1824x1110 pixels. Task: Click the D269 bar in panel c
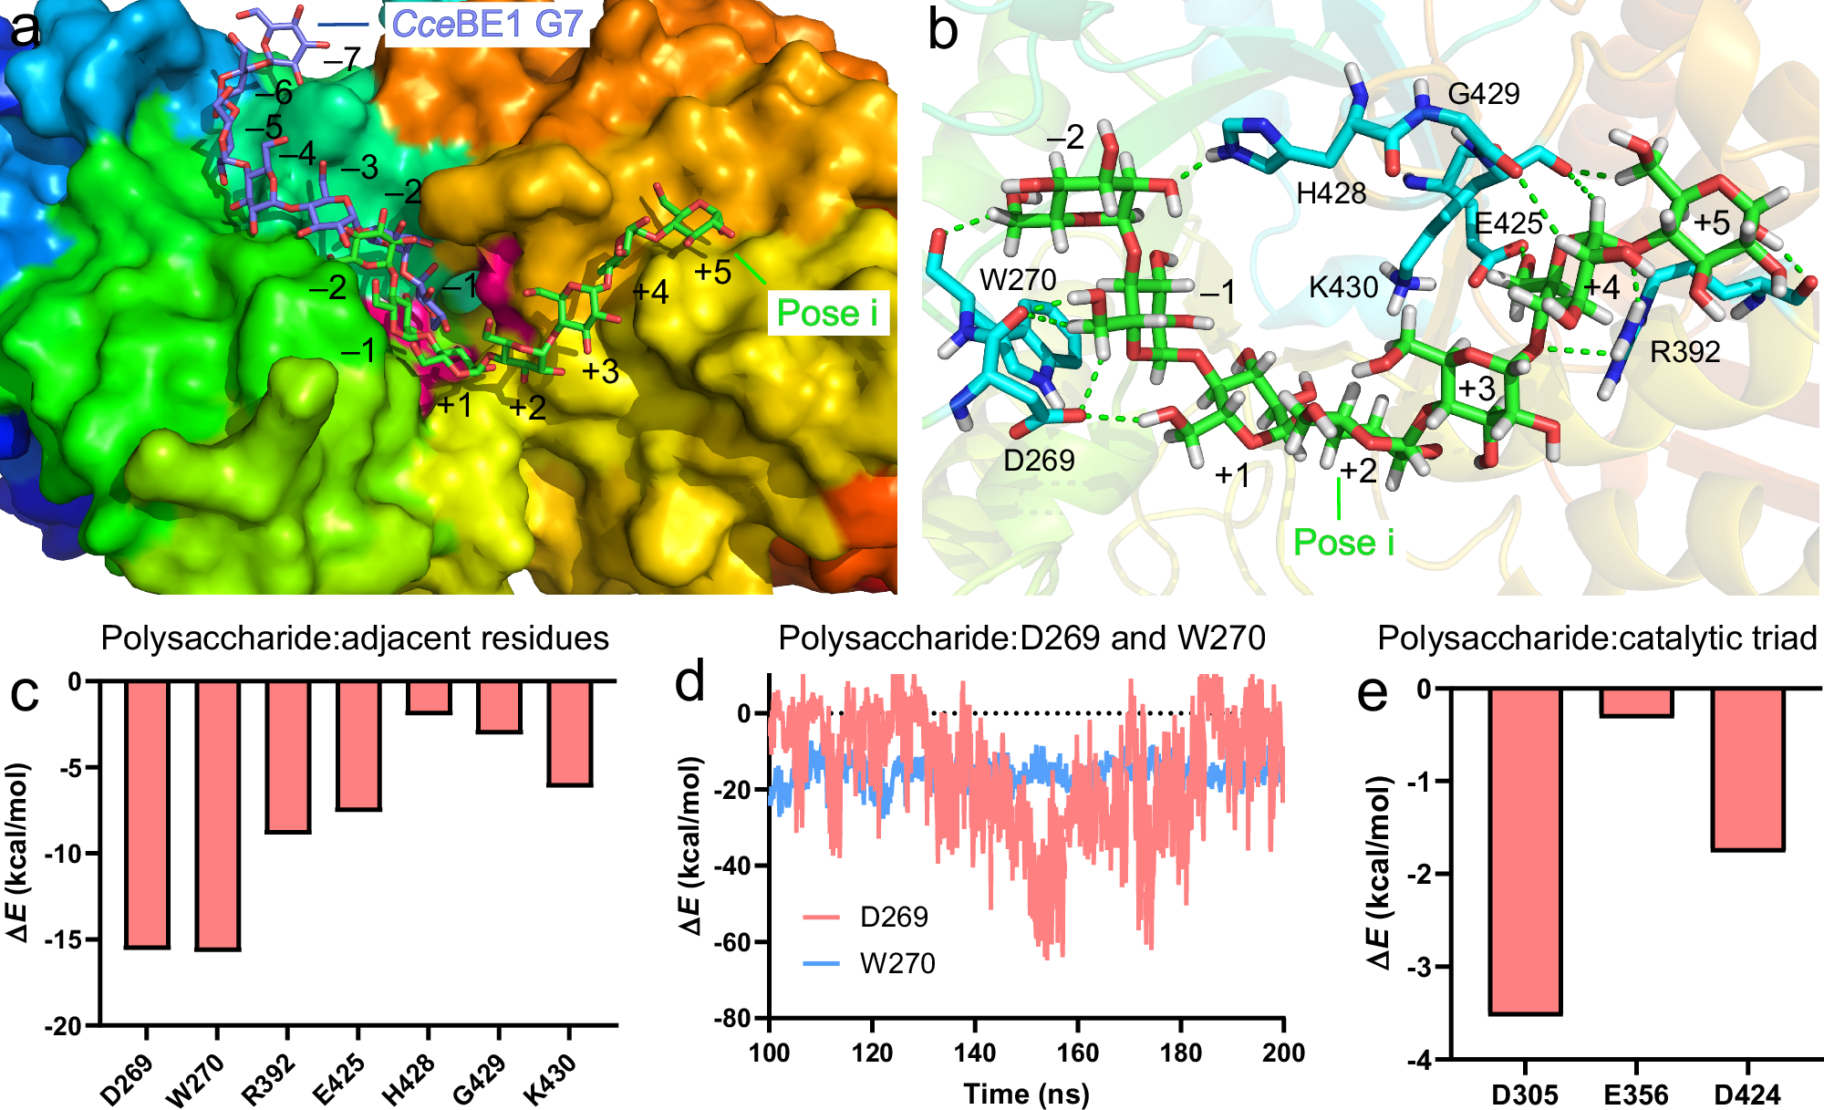click(147, 814)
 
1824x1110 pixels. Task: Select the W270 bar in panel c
click(217, 815)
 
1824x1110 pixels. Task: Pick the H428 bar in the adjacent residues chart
click(429, 697)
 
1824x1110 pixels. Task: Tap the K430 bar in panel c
click(570, 733)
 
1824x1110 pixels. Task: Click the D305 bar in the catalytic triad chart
click(1525, 851)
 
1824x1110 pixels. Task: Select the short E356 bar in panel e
click(1636, 702)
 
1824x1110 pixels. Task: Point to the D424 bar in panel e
click(1747, 770)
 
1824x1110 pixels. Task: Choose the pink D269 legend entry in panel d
click(894, 917)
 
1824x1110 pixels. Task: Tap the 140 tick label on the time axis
click(975, 1053)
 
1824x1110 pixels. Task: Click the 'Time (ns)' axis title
click(1026, 1093)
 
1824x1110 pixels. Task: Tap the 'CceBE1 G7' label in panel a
click(486, 24)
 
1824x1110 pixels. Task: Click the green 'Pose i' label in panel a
click(827, 313)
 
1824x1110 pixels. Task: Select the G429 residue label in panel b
click(1484, 94)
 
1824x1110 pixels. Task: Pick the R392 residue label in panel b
click(1684, 352)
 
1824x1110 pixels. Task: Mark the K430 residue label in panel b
click(1343, 287)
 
